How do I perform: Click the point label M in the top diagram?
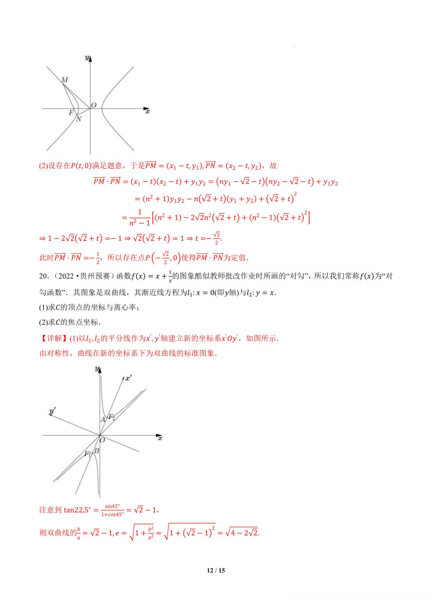(64, 80)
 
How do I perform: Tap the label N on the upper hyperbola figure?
(79, 119)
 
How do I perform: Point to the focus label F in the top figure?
(71, 113)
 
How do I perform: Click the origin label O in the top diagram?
(94, 106)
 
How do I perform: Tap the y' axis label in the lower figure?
(53, 411)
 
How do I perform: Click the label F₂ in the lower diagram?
(111, 417)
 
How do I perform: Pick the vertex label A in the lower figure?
(103, 420)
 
